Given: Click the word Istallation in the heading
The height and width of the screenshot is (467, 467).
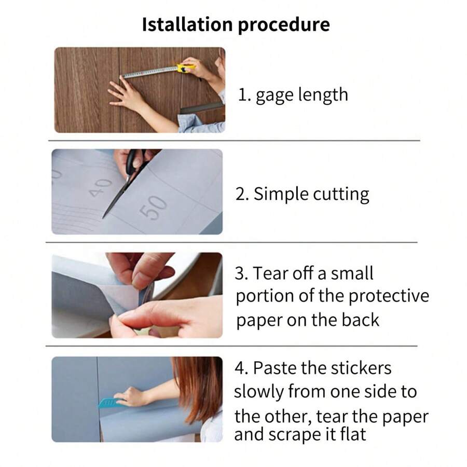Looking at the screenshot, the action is click(x=187, y=24).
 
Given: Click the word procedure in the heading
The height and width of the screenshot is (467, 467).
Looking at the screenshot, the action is click(x=284, y=25).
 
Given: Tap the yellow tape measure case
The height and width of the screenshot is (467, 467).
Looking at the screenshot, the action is click(x=186, y=68).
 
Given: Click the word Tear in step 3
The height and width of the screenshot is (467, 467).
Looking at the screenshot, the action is click(x=270, y=273).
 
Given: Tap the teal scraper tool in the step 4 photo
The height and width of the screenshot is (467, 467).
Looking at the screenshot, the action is click(x=110, y=403).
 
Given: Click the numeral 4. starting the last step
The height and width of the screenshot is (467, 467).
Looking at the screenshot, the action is click(x=241, y=368).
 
